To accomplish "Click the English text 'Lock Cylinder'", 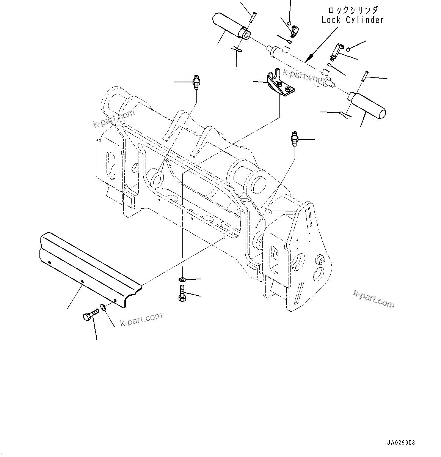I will click(352, 20).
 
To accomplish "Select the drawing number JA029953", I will click(401, 443).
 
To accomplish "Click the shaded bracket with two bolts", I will click(280, 84).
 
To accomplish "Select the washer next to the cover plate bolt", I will click(103, 307).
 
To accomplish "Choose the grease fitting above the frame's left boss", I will click(196, 82).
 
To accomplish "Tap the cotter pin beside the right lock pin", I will click(345, 113).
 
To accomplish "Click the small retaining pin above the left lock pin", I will click(253, 17).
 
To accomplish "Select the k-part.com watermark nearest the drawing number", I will click(374, 298).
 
